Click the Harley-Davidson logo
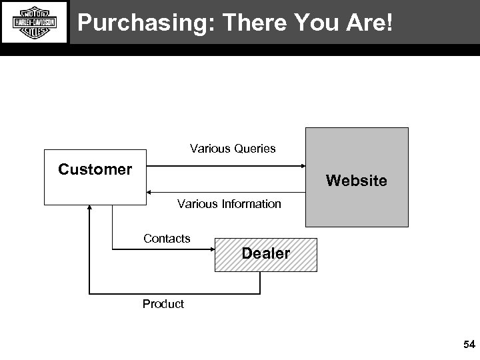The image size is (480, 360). click(x=35, y=22)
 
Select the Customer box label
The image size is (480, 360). click(x=95, y=169)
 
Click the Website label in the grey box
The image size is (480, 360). click(x=356, y=181)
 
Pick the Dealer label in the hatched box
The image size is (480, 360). click(x=265, y=253)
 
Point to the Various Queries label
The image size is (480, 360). click(x=233, y=148)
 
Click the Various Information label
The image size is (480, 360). click(x=229, y=203)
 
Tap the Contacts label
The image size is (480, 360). click(x=167, y=238)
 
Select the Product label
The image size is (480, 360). click(x=163, y=304)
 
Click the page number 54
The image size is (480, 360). click(x=469, y=345)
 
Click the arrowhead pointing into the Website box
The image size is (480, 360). click(x=302, y=167)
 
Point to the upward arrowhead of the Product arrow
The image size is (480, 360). click(x=90, y=209)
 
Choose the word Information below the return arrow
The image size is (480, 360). click(x=248, y=203)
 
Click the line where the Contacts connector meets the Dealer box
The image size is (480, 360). click(x=215, y=249)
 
